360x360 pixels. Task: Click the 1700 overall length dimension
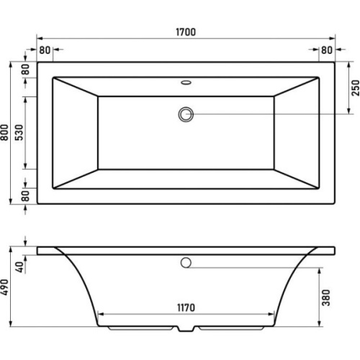tap(186, 32)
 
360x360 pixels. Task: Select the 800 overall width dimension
tap(4, 132)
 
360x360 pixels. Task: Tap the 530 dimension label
tap(19, 132)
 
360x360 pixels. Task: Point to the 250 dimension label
tap(356, 88)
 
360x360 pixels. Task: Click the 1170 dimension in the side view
tap(186, 307)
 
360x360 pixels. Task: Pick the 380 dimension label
tap(326, 298)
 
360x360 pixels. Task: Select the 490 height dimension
tap(4, 287)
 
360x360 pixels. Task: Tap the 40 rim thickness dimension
tap(19, 267)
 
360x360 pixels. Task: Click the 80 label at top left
tap(45, 50)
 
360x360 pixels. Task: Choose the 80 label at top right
tap(327, 50)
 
